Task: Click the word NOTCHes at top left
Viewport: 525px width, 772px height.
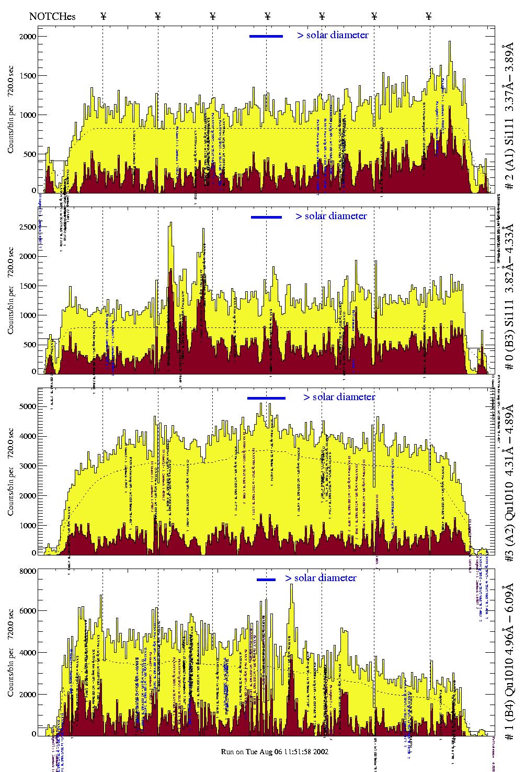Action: point(52,16)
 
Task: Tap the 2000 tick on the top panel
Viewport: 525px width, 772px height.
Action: point(28,37)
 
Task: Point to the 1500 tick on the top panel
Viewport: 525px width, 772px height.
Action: point(28,76)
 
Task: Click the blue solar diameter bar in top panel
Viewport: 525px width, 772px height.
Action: point(266,36)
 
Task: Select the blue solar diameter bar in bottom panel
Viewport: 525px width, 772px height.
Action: point(266,580)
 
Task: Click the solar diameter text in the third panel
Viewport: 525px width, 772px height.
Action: point(339,397)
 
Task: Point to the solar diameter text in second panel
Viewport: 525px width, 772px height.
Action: point(332,216)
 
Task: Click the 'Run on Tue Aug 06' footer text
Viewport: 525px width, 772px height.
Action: point(275,752)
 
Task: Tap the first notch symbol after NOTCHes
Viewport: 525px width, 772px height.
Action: point(103,16)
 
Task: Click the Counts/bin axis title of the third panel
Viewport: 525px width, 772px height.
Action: point(11,472)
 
